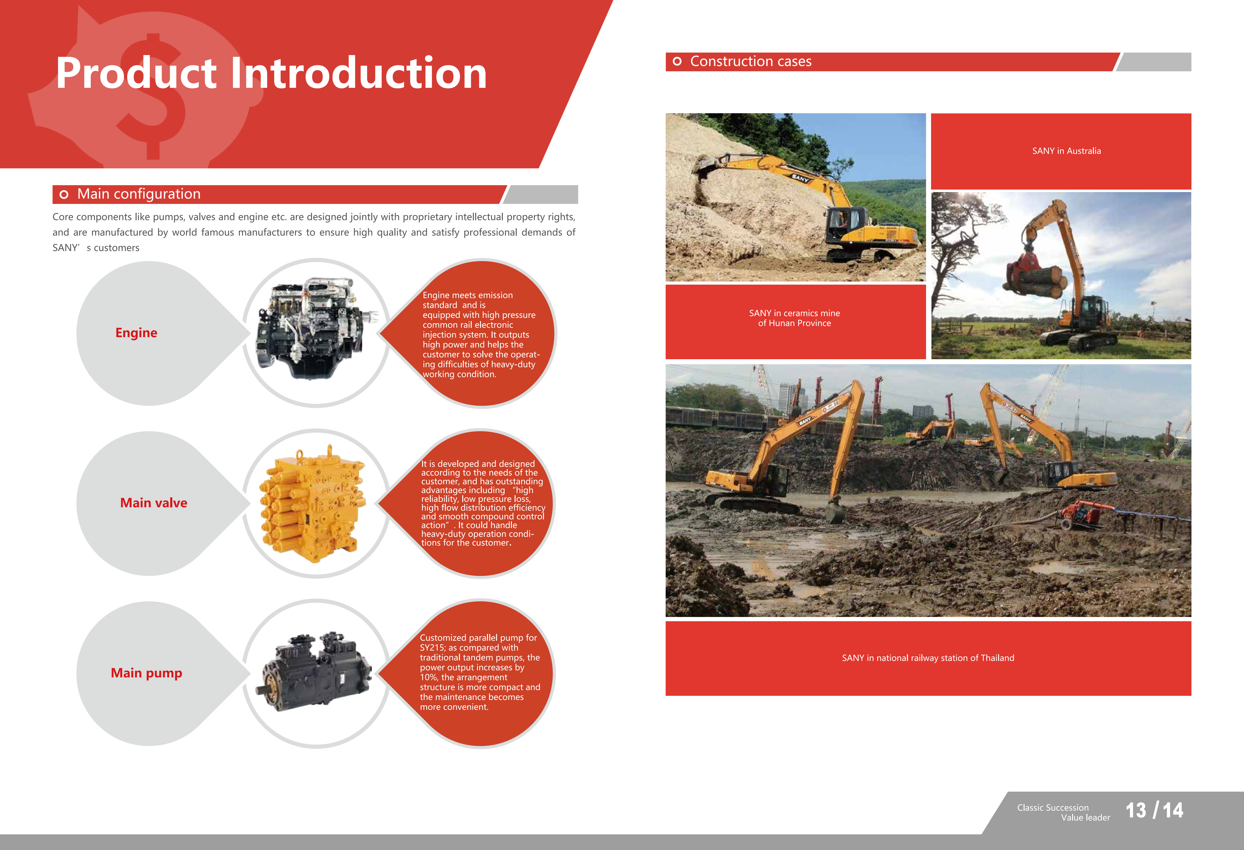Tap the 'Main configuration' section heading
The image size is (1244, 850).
pyautogui.click(x=139, y=194)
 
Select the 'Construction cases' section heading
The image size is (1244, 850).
pyautogui.click(x=750, y=62)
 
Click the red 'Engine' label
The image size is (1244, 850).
pyautogui.click(x=137, y=333)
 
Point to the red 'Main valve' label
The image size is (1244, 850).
pyautogui.click(x=154, y=503)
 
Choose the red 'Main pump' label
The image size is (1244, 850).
pyautogui.click(x=146, y=673)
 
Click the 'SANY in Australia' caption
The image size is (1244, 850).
pyautogui.click(x=1066, y=151)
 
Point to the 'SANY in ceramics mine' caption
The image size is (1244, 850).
pyautogui.click(x=794, y=313)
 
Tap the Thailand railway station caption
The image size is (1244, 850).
pyautogui.click(x=928, y=658)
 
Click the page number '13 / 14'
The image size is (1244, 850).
pyautogui.click(x=1154, y=810)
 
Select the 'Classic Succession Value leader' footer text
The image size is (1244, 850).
pyautogui.click(x=1064, y=813)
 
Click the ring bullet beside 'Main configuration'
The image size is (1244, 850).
pyautogui.click(x=64, y=194)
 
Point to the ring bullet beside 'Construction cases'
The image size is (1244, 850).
pyautogui.click(x=677, y=62)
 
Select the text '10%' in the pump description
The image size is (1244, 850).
pyautogui.click(x=429, y=677)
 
